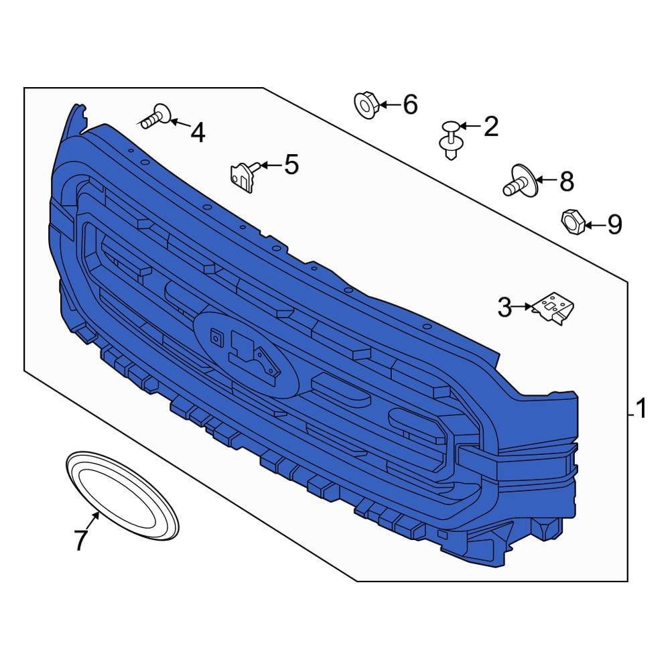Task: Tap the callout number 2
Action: pyautogui.click(x=491, y=127)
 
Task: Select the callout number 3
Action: pyautogui.click(x=505, y=308)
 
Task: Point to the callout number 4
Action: pyautogui.click(x=198, y=132)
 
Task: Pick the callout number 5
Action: pyautogui.click(x=291, y=165)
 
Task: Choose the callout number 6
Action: pyautogui.click(x=410, y=105)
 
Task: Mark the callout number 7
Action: pyautogui.click(x=81, y=539)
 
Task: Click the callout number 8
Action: pyautogui.click(x=567, y=182)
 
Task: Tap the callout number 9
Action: pyautogui.click(x=614, y=224)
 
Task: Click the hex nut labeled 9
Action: pyautogui.click(x=573, y=222)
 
